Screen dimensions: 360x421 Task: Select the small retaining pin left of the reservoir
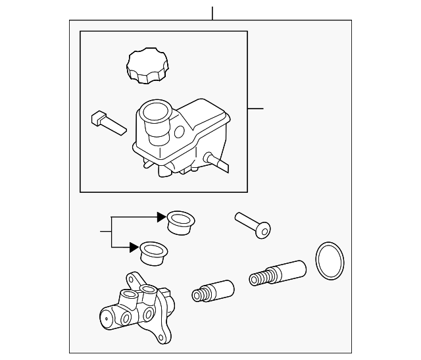[x=107, y=122]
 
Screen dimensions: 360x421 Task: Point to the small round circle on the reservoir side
[x=179, y=132]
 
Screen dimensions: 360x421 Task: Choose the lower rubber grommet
[x=154, y=253]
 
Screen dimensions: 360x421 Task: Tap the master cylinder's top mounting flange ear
[x=134, y=279]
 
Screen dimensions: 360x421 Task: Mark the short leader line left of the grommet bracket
[x=106, y=232]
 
